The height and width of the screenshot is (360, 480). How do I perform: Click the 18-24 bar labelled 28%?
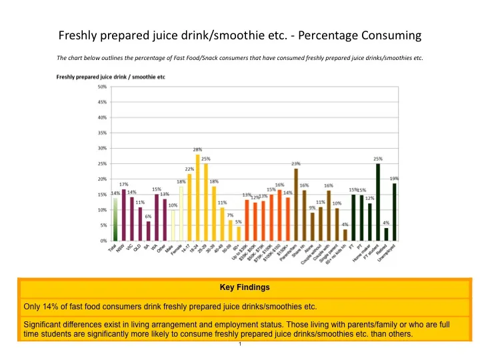pyautogui.click(x=197, y=197)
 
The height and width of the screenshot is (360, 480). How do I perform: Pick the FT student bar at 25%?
pyautogui.click(x=378, y=202)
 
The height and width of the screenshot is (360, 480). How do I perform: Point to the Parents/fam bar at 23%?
pyautogui.click(x=296, y=204)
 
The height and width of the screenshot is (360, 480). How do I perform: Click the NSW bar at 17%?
pyautogui.click(x=123, y=215)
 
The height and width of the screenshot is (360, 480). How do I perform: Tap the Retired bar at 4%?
pyautogui.click(x=386, y=234)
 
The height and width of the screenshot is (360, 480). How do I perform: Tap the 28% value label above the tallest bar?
pyautogui.click(x=197, y=150)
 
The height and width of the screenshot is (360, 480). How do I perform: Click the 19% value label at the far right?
pyautogui.click(x=394, y=179)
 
